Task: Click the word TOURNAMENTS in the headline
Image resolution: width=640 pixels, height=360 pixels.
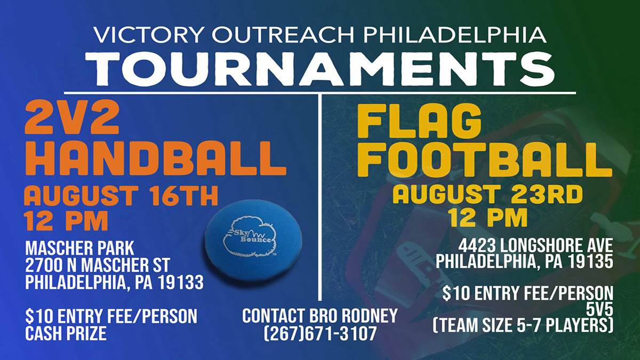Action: pyautogui.click(x=320, y=69)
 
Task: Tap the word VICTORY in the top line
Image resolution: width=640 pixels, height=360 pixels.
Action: pyautogui.click(x=148, y=35)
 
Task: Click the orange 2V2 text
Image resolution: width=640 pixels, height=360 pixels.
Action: pyautogui.click(x=72, y=117)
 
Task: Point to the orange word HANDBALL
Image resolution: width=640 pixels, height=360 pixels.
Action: pyautogui.click(x=156, y=158)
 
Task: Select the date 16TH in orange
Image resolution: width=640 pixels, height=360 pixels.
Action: pyautogui.click(x=184, y=196)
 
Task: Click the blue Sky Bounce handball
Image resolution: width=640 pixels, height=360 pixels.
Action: pyautogui.click(x=253, y=240)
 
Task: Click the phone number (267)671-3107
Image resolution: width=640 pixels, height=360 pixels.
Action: pyautogui.click(x=320, y=334)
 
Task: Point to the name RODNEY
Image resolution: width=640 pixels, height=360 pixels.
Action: pyautogui.click(x=370, y=316)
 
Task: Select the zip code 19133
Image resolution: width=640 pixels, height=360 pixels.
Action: pyautogui.click(x=181, y=283)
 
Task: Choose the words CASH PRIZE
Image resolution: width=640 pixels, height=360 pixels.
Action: pyautogui.click(x=66, y=333)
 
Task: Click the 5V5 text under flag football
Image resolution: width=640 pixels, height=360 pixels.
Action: pyautogui.click(x=599, y=309)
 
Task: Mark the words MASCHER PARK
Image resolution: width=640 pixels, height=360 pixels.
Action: pyautogui.click(x=79, y=249)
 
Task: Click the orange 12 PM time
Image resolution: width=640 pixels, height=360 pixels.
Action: pyautogui.click(x=66, y=221)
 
